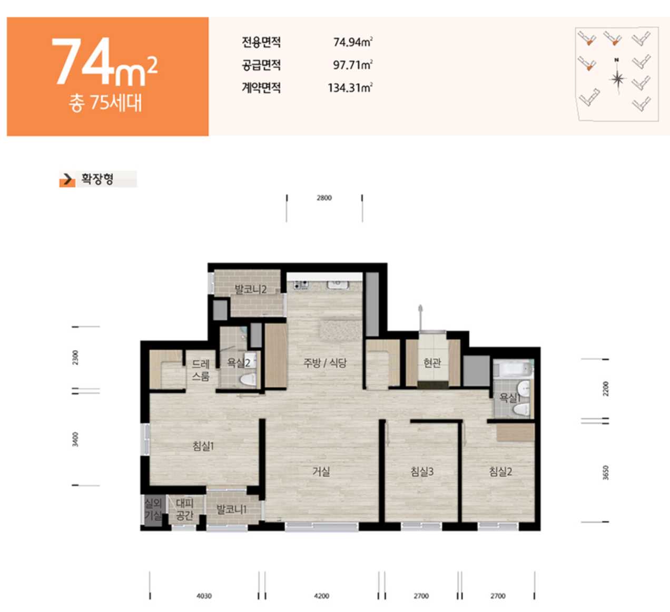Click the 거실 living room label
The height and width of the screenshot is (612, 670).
[x=321, y=471]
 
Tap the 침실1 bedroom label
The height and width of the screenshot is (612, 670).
[x=203, y=446]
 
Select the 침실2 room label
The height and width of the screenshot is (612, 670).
[x=500, y=471]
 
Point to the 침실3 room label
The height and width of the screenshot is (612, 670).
[x=422, y=471]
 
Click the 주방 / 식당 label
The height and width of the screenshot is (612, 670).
[x=324, y=362]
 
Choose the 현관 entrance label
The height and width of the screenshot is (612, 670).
[x=432, y=362]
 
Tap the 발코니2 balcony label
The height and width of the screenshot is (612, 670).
[x=250, y=289]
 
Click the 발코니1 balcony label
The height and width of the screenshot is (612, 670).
[x=231, y=509]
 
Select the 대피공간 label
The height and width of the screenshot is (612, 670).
[x=185, y=509]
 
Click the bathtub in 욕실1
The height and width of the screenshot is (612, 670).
[x=513, y=369]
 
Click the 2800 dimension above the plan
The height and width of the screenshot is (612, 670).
[x=324, y=198]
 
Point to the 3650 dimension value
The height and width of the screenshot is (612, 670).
[x=606, y=472]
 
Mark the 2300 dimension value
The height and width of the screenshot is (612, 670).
[x=75, y=357]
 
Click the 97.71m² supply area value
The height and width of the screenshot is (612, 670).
[x=353, y=64]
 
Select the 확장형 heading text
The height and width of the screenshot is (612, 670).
[x=97, y=179]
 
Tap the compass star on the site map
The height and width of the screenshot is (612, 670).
[x=617, y=79]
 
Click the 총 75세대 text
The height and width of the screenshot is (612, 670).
[x=105, y=103]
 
